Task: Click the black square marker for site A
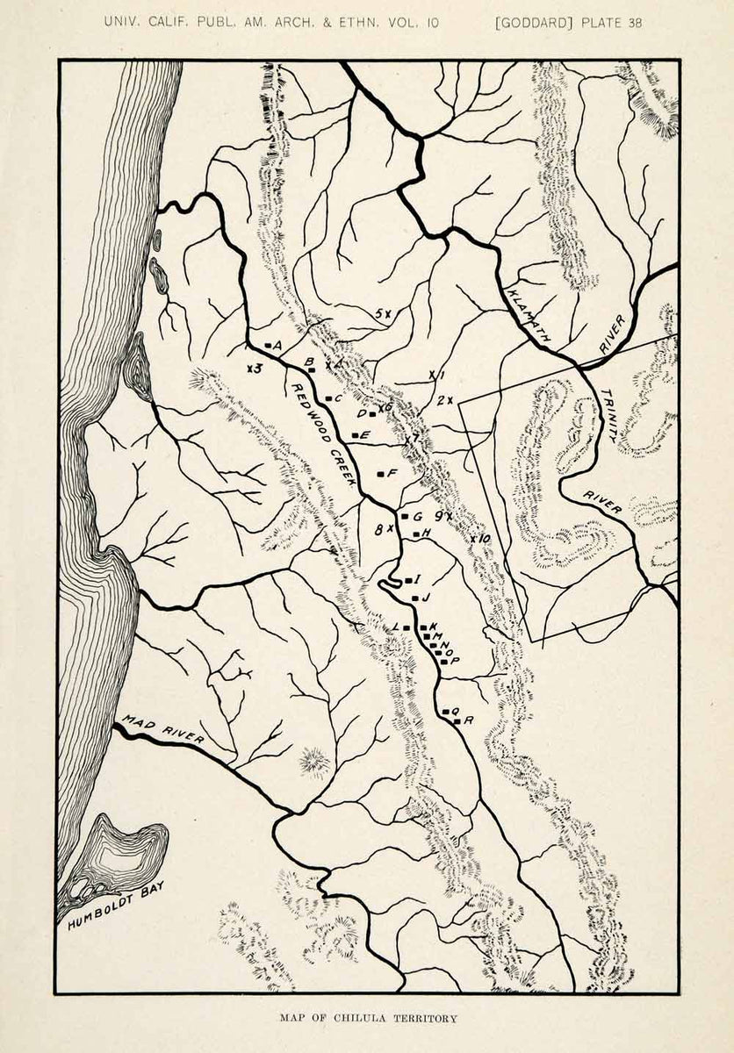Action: pyautogui.click(x=266, y=345)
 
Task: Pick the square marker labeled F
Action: pyautogui.click(x=379, y=474)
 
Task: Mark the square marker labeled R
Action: pyautogui.click(x=457, y=720)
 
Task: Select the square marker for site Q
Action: pyautogui.click(x=446, y=711)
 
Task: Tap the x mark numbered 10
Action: pyautogui.click(x=473, y=538)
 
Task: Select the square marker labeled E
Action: pyautogui.click(x=354, y=435)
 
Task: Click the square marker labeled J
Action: pyautogui.click(x=414, y=598)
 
